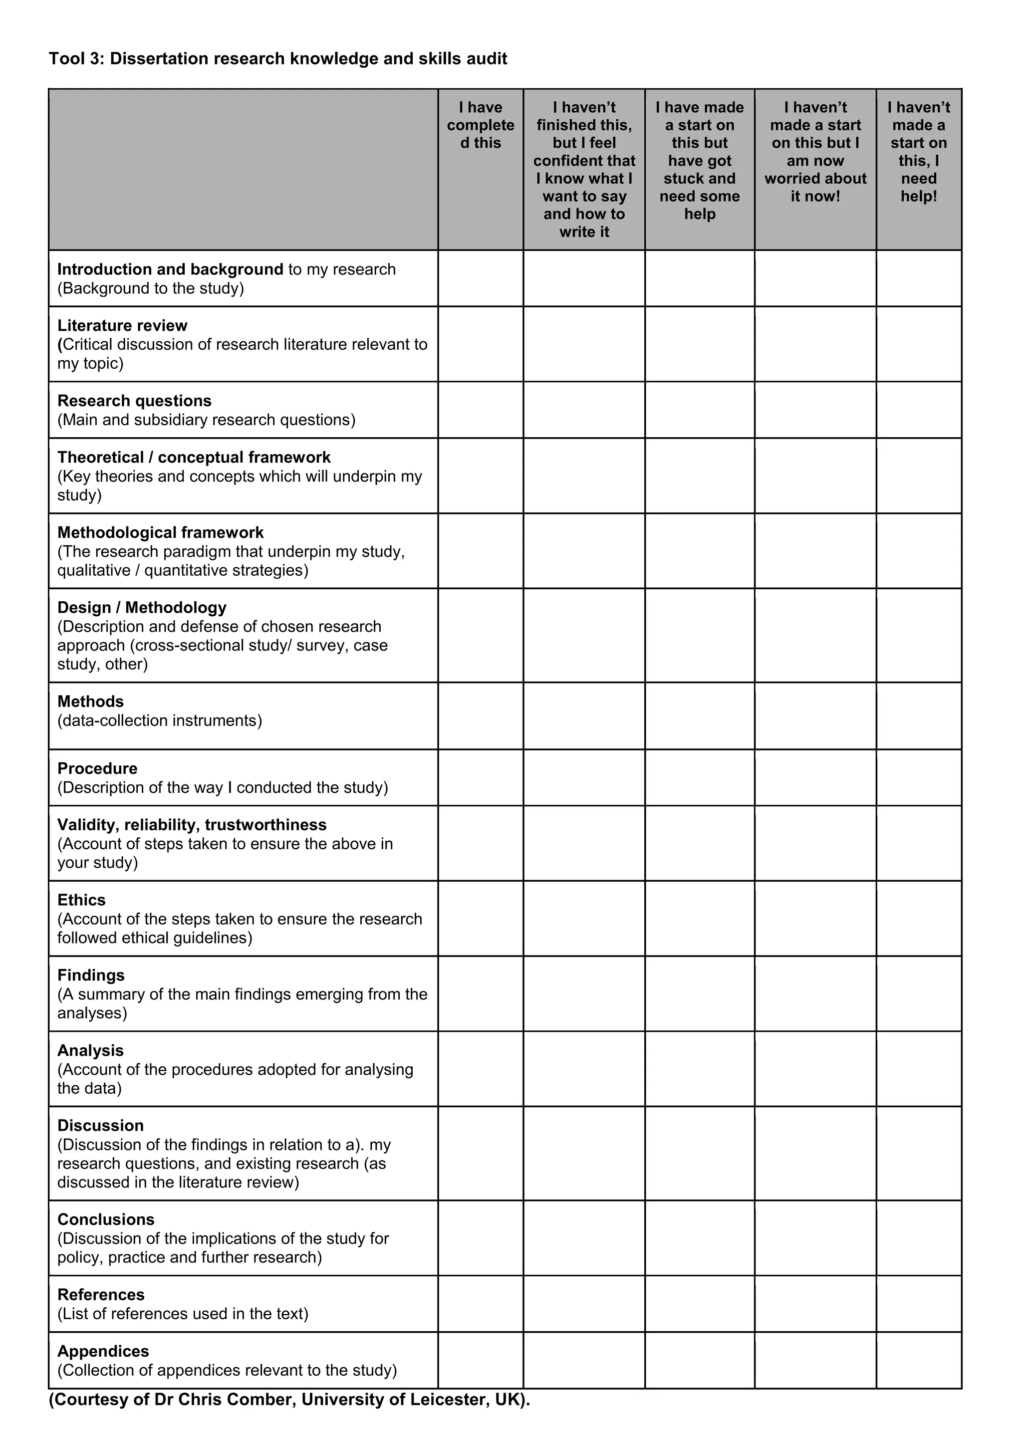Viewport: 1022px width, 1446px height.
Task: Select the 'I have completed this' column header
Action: pos(481,125)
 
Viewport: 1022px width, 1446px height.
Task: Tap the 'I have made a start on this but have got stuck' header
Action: pos(700,161)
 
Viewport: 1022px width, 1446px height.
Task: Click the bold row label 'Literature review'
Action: pos(122,326)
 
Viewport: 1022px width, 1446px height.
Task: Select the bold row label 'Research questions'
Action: pos(134,401)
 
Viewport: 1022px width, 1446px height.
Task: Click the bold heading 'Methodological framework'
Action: pos(161,532)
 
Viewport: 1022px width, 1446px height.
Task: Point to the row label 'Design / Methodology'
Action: pos(142,607)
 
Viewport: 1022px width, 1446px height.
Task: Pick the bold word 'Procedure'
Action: pos(97,768)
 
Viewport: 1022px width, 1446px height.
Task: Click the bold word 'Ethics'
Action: pos(81,900)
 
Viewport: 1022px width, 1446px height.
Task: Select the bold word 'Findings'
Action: pos(91,975)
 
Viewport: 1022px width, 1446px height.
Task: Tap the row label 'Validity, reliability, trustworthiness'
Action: pos(192,824)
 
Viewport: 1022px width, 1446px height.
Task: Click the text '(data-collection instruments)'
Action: pos(159,721)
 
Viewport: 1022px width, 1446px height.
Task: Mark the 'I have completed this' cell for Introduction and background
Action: pos(481,278)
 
